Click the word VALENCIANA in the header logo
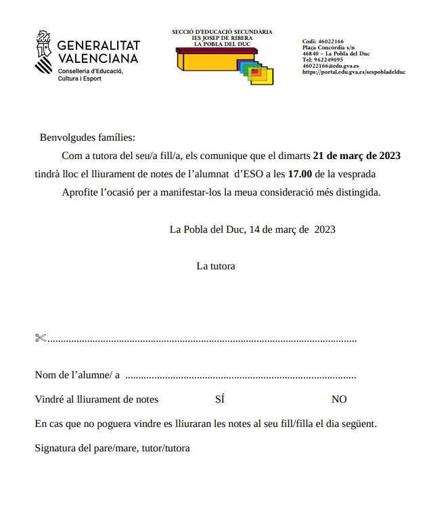98,58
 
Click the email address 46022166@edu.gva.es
330,66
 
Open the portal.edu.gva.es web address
353,72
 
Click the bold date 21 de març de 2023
357,156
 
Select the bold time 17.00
295,174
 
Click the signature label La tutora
216,266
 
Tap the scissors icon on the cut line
40,338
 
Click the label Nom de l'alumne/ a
77,375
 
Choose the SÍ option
220,399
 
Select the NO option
339,399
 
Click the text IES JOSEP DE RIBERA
222,38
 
